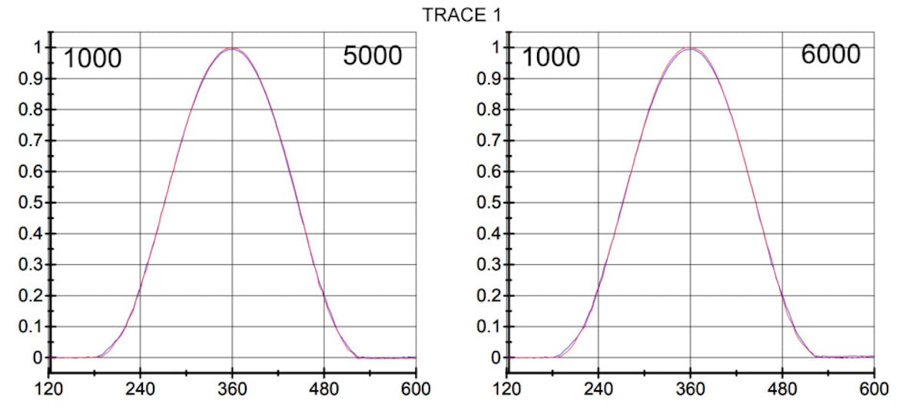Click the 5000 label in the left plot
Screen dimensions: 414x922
(372, 56)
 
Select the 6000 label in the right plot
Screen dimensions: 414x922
(830, 55)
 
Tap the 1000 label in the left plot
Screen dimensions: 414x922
(92, 58)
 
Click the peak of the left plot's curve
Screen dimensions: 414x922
(231, 48)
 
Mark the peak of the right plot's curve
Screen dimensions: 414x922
(690, 48)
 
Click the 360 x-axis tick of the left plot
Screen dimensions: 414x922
(232, 388)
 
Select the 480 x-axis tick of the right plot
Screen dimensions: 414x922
(782, 388)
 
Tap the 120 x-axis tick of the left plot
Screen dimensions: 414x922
(48, 388)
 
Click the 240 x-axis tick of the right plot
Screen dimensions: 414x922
(599, 388)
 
